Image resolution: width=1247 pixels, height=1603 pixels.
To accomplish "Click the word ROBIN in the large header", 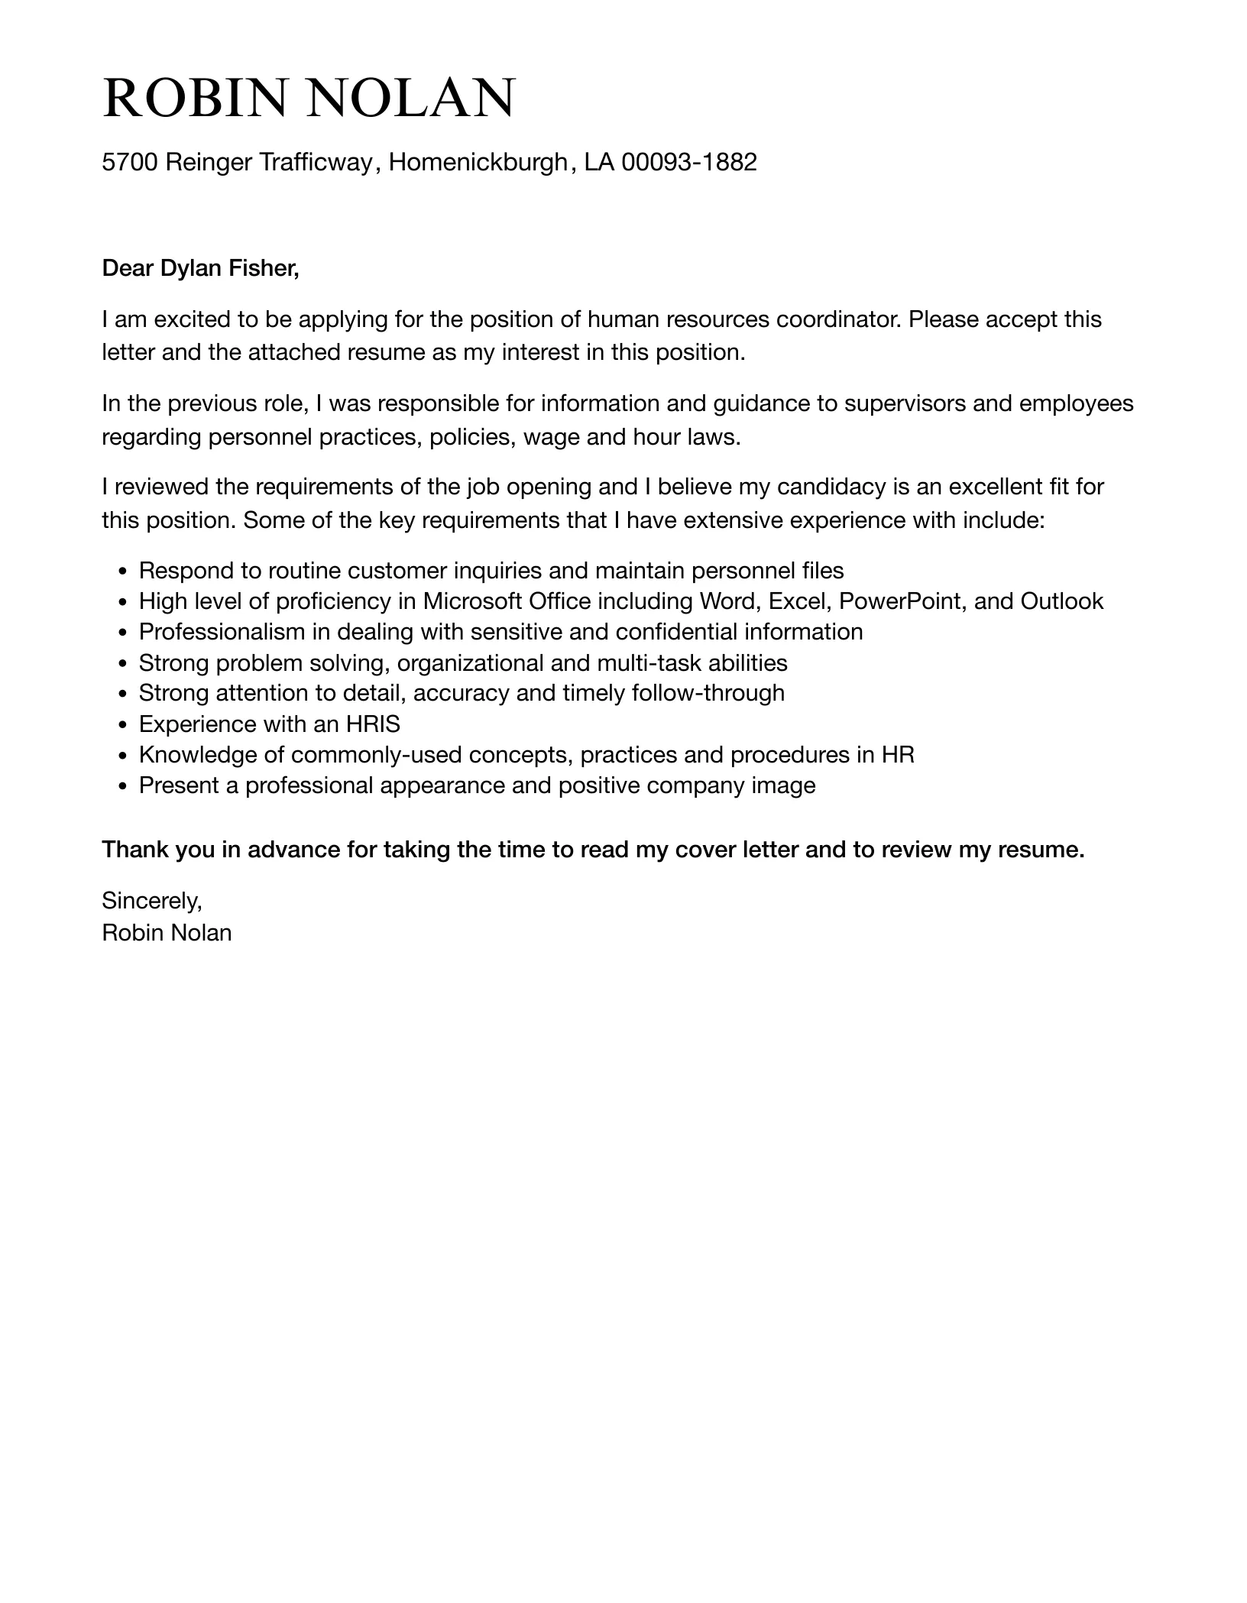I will (197, 99).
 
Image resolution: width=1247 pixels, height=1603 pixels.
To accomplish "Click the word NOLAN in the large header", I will (412, 99).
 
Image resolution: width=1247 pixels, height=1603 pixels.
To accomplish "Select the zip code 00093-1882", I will (688, 162).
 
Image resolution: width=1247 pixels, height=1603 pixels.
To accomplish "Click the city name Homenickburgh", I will (478, 162).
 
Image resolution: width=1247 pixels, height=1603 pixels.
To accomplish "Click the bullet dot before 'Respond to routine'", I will (123, 572).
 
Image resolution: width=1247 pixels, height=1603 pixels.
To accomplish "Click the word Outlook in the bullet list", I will (1062, 601).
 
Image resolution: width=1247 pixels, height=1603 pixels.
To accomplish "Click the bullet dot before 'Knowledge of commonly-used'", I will (123, 756).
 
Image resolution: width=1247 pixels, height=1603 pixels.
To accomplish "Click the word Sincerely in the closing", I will (151, 902).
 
